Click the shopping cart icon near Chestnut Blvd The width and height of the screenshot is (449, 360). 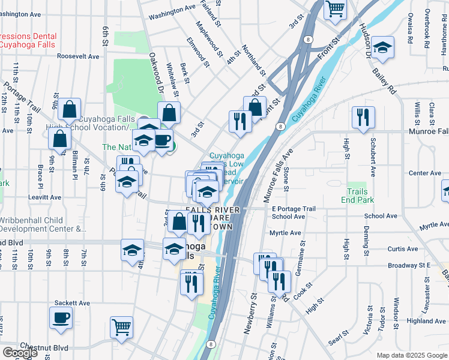coord(121,327)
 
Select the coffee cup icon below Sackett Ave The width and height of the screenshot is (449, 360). coord(61,317)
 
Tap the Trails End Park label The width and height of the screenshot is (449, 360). coord(358,196)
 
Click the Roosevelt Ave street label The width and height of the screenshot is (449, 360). coord(78,56)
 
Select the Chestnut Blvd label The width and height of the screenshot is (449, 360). coord(44,347)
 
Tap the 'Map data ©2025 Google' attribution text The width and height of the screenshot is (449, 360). coord(411,355)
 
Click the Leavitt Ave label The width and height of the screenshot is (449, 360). coord(44,197)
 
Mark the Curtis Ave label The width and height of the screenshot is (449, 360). coord(403,249)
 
